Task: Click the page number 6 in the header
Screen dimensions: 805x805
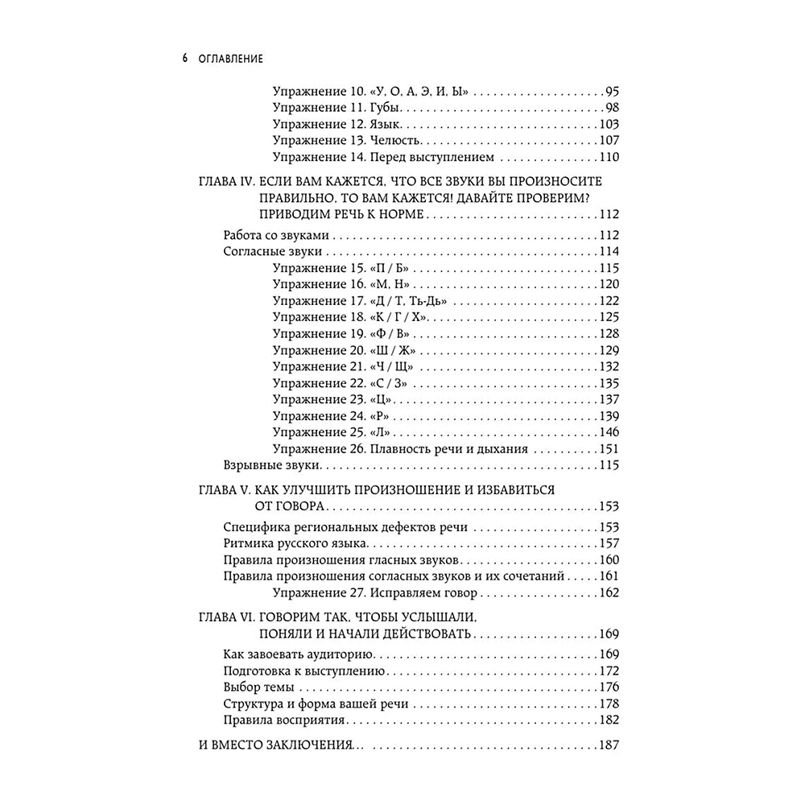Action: [185, 60]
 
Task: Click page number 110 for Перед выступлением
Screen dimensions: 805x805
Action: [608, 158]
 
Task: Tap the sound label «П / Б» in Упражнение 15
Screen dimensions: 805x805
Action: [392, 268]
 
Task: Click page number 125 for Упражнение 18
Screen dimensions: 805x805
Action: [608, 317]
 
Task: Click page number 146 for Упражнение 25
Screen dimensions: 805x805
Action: [608, 432]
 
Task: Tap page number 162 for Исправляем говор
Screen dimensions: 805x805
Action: [608, 593]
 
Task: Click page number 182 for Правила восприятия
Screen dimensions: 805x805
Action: [608, 720]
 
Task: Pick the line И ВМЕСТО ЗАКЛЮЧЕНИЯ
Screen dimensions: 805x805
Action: [275, 745]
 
